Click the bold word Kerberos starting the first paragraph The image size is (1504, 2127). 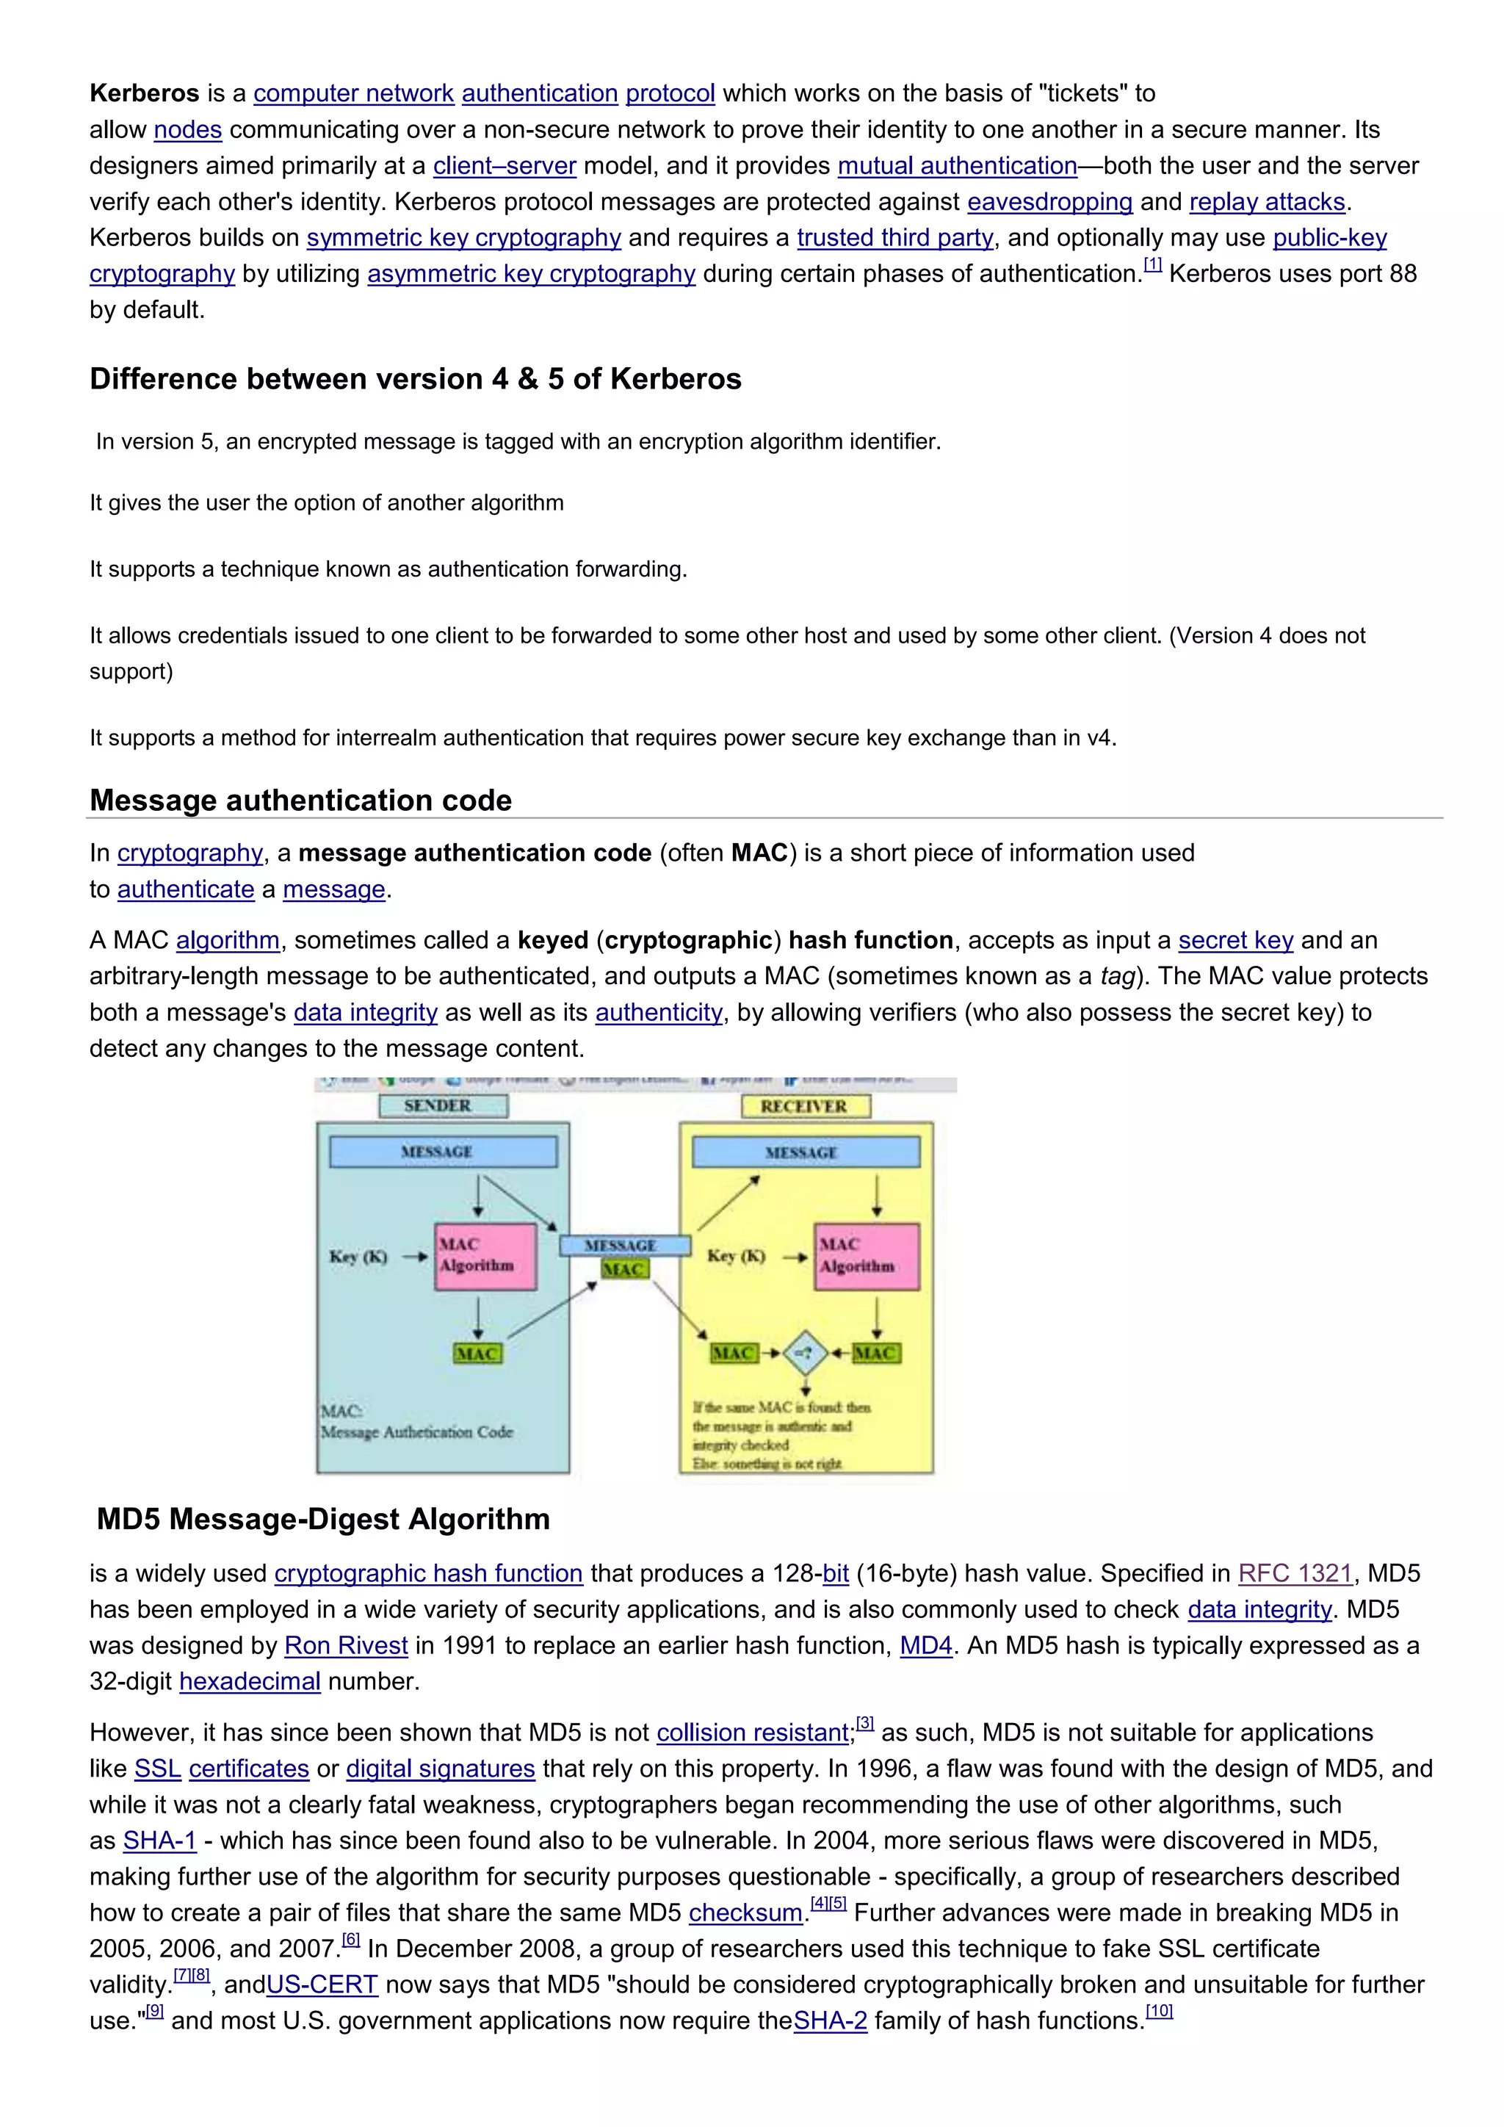(145, 93)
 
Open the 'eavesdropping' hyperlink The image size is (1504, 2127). (1049, 202)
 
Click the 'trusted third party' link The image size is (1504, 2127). (894, 238)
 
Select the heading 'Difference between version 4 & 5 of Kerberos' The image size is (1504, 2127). (415, 379)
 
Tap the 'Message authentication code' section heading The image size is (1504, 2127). (301, 801)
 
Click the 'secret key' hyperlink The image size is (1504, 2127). (1235, 940)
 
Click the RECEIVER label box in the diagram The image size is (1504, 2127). (806, 1106)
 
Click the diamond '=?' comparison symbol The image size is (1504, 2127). (805, 1354)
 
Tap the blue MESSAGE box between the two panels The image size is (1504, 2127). (624, 1245)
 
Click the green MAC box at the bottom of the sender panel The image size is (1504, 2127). (477, 1354)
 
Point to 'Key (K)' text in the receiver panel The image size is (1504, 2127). (737, 1256)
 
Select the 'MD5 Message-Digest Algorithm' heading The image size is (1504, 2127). (323, 1520)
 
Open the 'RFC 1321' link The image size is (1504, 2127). (1295, 1574)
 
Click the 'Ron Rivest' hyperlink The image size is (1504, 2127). (345, 1646)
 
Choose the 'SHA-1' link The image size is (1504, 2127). (159, 1841)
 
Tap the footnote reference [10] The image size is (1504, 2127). (1159, 2010)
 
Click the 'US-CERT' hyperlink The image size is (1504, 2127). (322, 1985)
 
